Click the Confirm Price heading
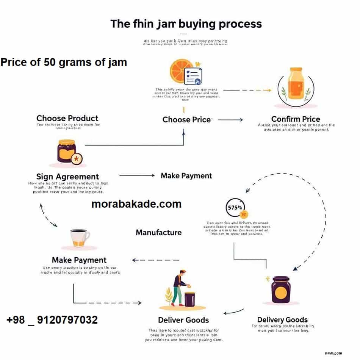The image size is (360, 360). point(296,119)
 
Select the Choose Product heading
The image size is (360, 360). point(67,118)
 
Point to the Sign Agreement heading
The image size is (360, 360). point(67,177)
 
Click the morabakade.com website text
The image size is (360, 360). point(136,204)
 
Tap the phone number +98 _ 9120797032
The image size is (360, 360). point(52,320)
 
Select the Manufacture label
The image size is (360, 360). point(158,232)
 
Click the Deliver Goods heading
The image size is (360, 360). point(183,320)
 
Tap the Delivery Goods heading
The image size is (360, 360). point(282,319)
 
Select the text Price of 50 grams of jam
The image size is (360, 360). point(64,62)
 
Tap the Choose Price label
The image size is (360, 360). point(187,120)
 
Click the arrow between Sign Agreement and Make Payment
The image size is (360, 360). point(137,175)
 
